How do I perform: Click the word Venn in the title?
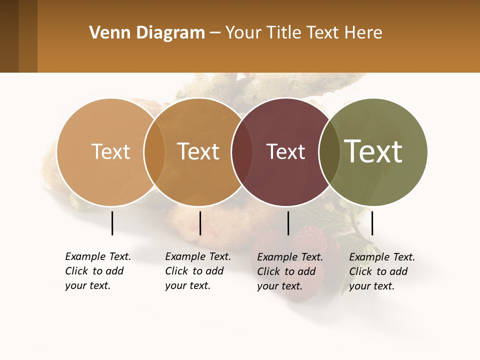point(105,33)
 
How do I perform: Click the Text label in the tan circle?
point(110,151)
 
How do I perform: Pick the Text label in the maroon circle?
point(285,151)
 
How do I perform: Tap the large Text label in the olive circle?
point(373,151)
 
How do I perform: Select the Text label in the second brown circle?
point(198,151)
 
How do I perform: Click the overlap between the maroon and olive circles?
point(328,151)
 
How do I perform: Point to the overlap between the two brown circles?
point(154,151)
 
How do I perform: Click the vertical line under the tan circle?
point(112,223)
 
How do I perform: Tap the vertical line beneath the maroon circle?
point(288,223)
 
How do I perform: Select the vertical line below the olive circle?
point(372,223)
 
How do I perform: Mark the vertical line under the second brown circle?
point(200,223)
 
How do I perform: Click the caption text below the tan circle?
point(97,271)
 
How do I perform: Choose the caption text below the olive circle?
point(381,271)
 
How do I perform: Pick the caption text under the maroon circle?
point(289,271)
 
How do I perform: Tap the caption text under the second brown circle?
point(197,271)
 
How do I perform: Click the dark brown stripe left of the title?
point(9,36)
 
